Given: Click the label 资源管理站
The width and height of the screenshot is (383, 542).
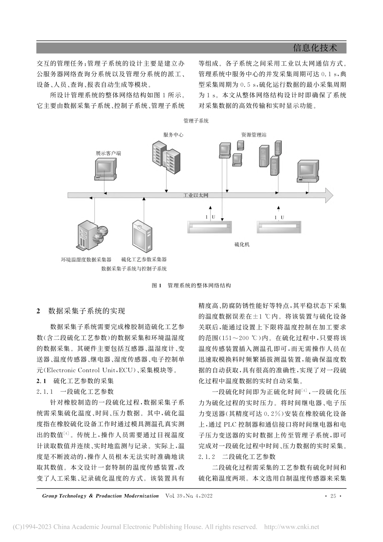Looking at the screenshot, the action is pos(254,135).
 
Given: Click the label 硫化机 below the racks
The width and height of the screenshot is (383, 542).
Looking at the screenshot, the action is pos(242,244).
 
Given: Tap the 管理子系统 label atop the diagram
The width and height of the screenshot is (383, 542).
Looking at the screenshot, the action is pos(196,121).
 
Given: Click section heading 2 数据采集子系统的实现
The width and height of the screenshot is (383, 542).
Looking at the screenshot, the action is pos(81,311).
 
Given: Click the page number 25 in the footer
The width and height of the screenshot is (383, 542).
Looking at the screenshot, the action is pos(333,496).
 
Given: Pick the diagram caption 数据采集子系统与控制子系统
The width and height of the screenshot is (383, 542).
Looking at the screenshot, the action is pos(134,269).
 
